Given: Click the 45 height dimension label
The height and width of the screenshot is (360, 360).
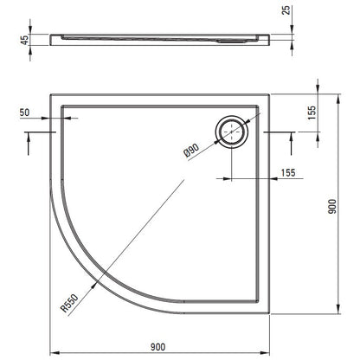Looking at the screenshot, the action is [x=25, y=40].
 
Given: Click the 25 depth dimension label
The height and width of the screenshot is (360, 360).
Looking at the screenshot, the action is [x=286, y=10].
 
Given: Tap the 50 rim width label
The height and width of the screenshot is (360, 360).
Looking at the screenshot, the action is [x=24, y=112].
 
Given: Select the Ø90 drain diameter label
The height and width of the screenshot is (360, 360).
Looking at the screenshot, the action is [x=191, y=151].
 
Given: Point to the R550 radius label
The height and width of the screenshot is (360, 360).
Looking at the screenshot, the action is [x=69, y=304].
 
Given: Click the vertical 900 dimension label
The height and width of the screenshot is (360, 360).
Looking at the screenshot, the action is [x=332, y=206].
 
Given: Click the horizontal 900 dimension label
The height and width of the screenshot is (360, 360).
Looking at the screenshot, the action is [x=158, y=347].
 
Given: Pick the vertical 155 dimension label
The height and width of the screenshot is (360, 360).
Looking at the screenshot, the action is [x=312, y=112].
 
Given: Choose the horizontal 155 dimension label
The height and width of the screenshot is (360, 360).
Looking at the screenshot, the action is [x=288, y=173].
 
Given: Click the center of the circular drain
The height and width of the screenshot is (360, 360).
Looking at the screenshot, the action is [x=232, y=132].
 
